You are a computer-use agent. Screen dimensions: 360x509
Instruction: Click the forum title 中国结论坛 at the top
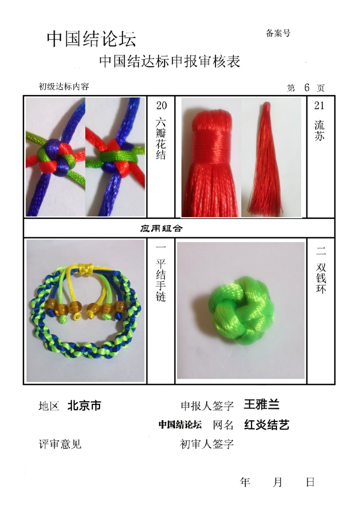click(x=91, y=39)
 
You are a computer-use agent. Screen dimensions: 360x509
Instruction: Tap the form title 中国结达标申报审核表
click(x=170, y=61)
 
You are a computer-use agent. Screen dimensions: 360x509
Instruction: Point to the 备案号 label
click(x=278, y=33)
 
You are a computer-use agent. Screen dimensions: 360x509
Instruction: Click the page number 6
click(x=307, y=87)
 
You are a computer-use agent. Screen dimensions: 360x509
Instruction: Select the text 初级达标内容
click(x=64, y=87)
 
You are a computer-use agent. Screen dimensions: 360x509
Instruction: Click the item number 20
click(x=162, y=106)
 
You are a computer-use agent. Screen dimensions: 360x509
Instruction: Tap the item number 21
click(x=319, y=106)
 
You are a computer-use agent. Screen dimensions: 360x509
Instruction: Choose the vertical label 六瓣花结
click(x=161, y=139)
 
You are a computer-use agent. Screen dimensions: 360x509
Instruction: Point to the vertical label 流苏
click(x=319, y=130)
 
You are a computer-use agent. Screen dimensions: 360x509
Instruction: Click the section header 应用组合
click(x=161, y=228)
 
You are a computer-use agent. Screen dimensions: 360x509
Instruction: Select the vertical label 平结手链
click(x=161, y=281)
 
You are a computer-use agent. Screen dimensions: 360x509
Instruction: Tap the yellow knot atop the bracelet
click(x=86, y=267)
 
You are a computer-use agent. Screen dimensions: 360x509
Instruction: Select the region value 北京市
click(x=84, y=406)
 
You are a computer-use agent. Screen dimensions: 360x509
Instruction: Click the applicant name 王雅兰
click(x=261, y=404)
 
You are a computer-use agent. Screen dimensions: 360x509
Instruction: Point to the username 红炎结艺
click(x=267, y=425)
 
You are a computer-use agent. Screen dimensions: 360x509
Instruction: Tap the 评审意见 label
click(x=60, y=444)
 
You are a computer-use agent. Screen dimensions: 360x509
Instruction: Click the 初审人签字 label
click(x=207, y=444)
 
